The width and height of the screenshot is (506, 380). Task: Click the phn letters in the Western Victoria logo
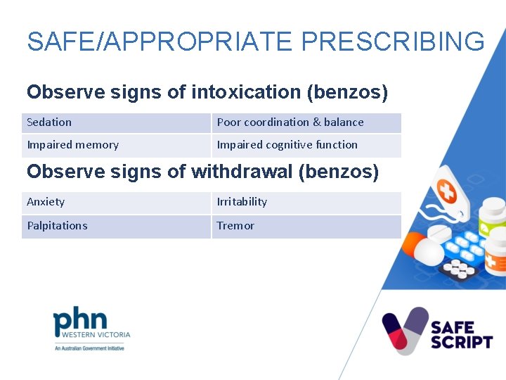coord(80,320)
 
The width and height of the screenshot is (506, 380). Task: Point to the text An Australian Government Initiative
coord(89,348)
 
